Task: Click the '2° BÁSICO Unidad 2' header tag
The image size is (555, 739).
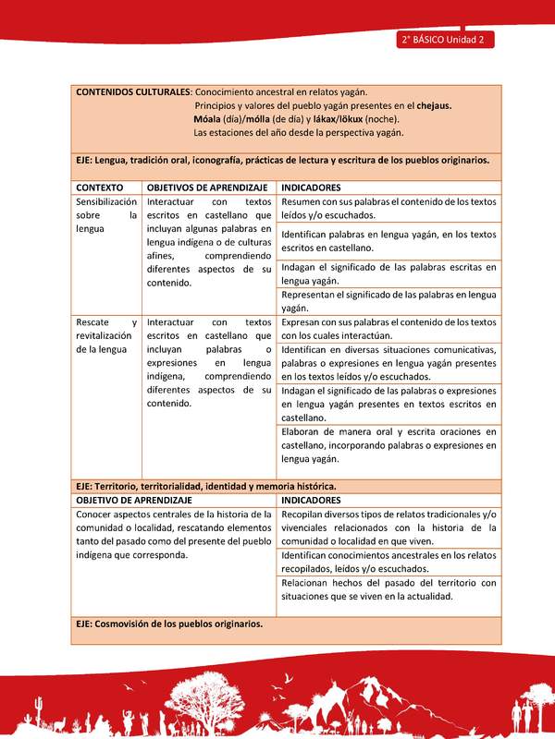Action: pos(445,40)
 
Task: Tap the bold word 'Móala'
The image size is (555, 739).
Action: pos(209,119)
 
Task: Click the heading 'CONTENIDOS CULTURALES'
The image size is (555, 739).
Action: pos(132,91)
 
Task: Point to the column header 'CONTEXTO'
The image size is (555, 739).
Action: pos(100,187)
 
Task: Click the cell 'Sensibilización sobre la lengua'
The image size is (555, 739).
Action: pos(106,214)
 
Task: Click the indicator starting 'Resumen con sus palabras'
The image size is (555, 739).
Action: pos(388,208)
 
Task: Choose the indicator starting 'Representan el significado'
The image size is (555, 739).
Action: pos(388,300)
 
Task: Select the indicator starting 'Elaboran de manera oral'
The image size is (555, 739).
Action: pos(388,444)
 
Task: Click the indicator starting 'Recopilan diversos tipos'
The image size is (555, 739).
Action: pos(388,527)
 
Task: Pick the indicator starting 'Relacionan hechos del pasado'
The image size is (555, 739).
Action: pos(388,589)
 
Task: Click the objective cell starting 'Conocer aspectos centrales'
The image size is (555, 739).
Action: pos(175,534)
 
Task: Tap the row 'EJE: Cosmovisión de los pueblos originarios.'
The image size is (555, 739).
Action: pos(170,624)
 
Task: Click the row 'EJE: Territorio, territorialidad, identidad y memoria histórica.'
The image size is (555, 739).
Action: pos(206,485)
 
